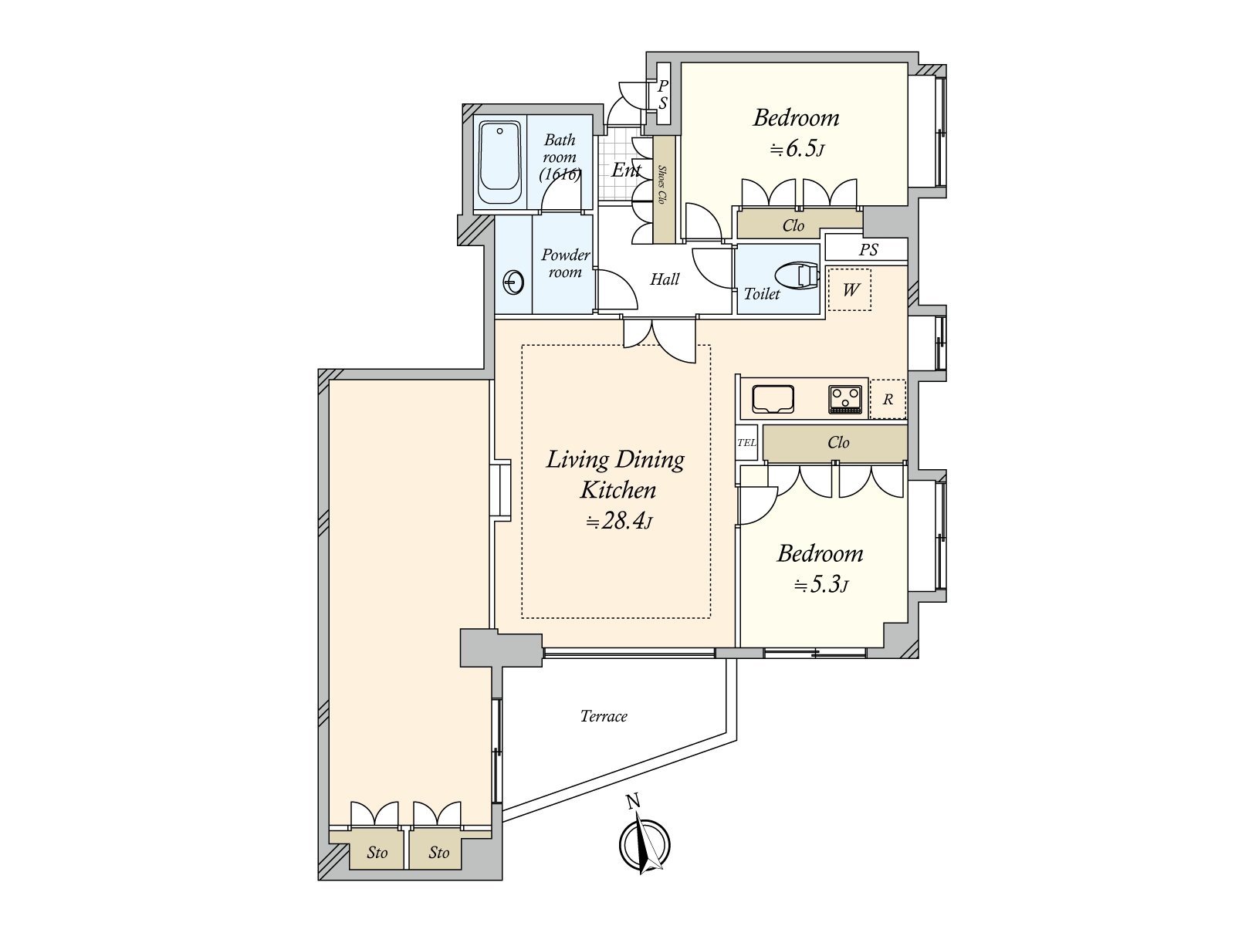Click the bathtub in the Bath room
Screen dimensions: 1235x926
[x=499, y=164]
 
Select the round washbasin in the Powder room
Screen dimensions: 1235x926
[x=513, y=282]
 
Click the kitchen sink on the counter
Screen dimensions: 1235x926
[x=773, y=399]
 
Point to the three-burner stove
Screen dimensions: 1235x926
[x=845, y=400]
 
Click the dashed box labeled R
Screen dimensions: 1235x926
[x=888, y=399]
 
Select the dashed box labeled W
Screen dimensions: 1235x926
[x=850, y=289]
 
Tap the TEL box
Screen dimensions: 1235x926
[x=746, y=442]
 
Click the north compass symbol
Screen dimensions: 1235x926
[x=645, y=840]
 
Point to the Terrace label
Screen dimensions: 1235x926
[x=604, y=716]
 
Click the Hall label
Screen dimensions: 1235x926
[x=665, y=279]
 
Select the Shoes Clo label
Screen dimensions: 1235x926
[x=662, y=184]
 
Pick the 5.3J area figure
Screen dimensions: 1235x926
[x=821, y=585]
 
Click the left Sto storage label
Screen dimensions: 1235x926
[x=377, y=853]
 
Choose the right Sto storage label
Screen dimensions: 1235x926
[x=439, y=853]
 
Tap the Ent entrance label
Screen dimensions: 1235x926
[x=626, y=170]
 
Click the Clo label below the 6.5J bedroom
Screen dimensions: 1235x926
[x=793, y=225]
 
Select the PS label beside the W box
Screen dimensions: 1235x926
[x=868, y=249]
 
